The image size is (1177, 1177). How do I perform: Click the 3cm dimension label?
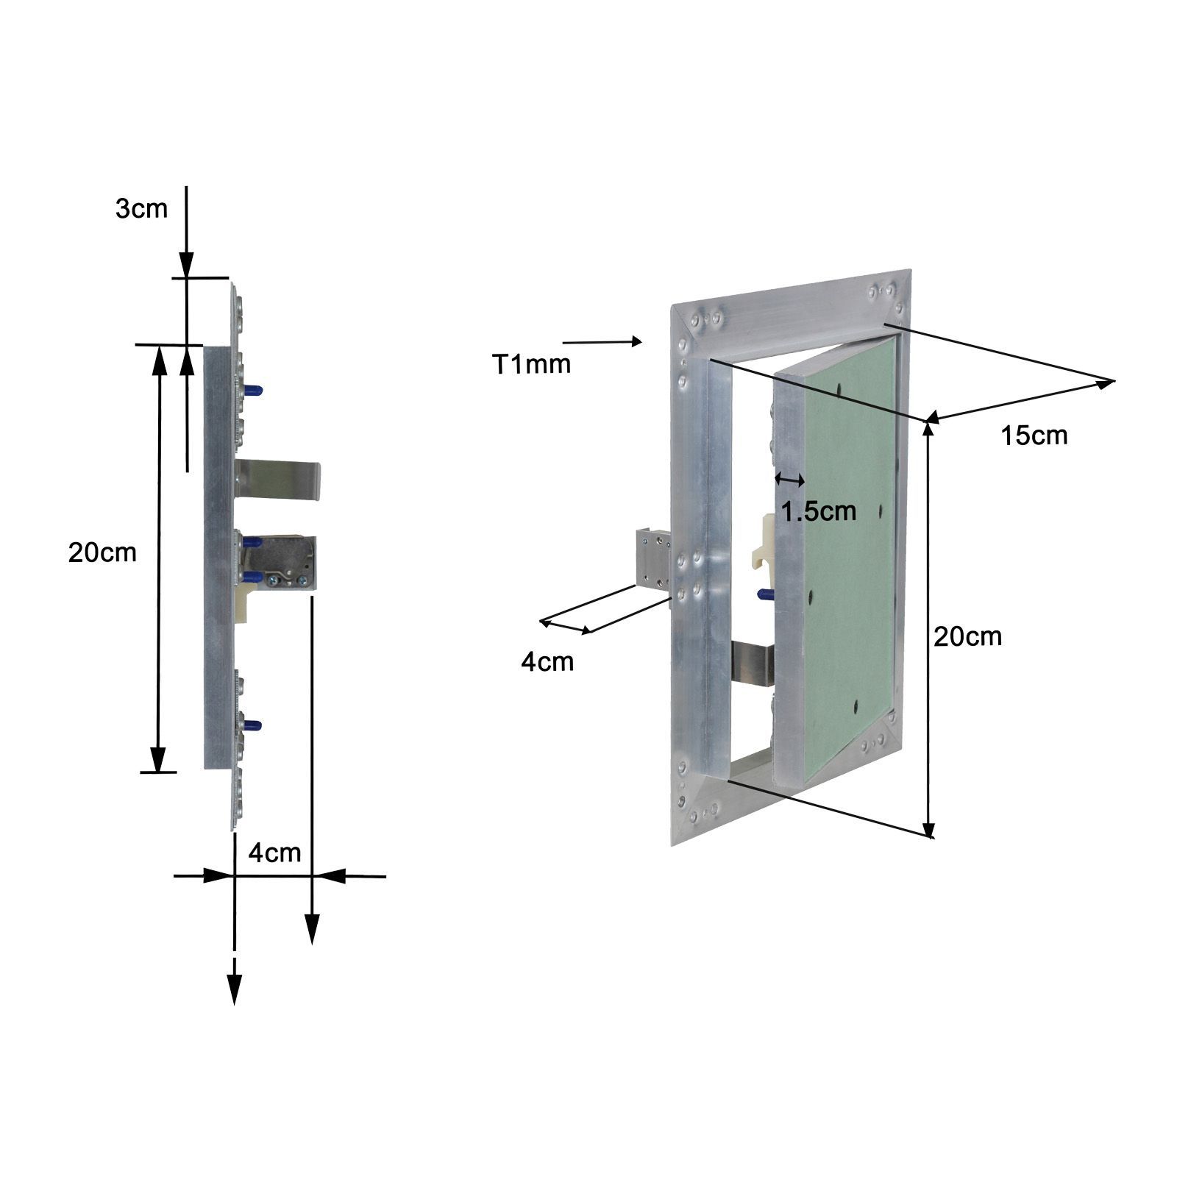point(141,209)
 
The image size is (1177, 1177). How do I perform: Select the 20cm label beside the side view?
point(102,552)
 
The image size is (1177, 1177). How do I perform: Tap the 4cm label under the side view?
point(274,853)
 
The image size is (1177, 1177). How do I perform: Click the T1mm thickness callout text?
point(531,364)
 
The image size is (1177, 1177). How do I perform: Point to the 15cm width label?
point(1034,435)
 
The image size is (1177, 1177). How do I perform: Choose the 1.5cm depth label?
point(819,511)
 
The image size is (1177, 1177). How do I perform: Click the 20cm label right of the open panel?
point(967,636)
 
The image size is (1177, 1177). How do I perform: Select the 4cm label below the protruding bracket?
point(547,661)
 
